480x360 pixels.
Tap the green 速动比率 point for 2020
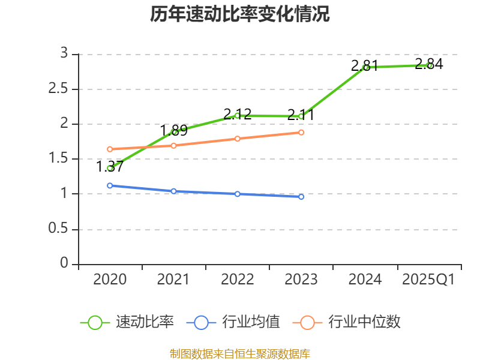pos(110,168)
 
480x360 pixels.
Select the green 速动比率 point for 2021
pos(174,132)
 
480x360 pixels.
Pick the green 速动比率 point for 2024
pos(365,67)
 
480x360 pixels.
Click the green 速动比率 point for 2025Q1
pos(429,65)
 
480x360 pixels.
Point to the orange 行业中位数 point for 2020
pos(110,149)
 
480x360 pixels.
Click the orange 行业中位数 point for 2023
pos(301,132)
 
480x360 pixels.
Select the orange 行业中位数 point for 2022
pos(238,139)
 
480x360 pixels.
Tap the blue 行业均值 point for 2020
pos(110,185)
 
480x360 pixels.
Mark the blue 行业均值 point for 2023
pos(301,196)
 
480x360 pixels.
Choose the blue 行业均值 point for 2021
pos(174,191)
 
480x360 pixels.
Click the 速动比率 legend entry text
pos(145,322)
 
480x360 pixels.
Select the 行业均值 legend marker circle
pos(201,322)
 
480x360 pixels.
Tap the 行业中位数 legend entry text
pos(364,322)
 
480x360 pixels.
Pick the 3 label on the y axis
pos(64,54)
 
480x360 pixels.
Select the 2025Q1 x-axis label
pos(428,280)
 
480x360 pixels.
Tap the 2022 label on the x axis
pos(238,280)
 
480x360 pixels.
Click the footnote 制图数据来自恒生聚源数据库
pos(240,353)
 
